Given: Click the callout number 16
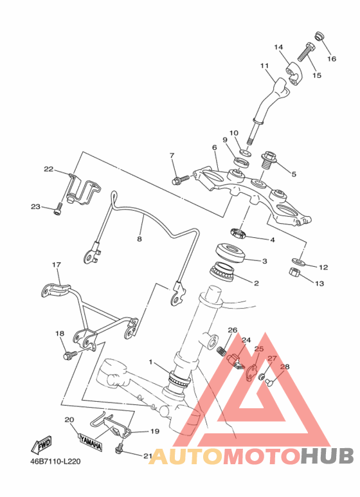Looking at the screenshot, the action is [332, 59].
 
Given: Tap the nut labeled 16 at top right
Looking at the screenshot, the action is [319, 36].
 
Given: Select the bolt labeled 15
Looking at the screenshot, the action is [305, 52].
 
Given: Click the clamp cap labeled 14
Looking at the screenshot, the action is [295, 75].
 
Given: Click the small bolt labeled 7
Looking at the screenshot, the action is [181, 180].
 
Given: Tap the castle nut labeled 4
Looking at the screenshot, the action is [239, 233].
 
